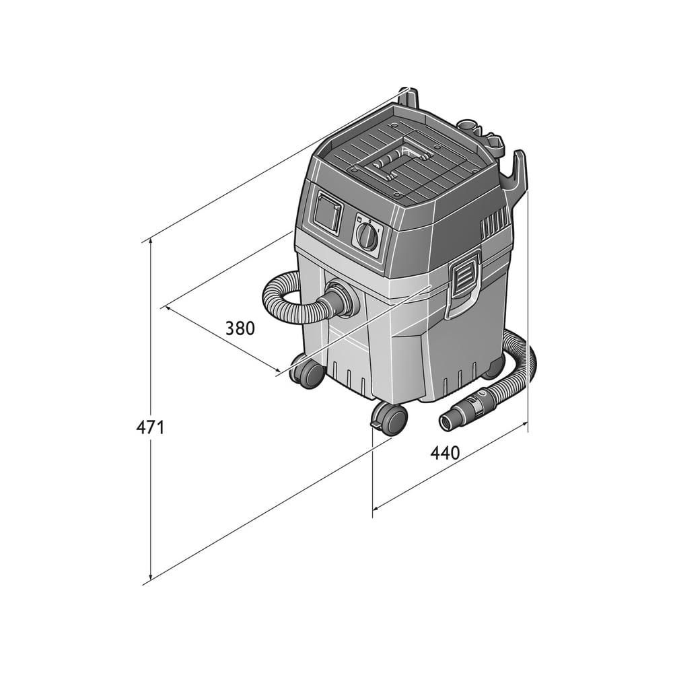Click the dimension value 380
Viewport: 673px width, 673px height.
[240, 328]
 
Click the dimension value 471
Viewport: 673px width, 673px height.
[150, 427]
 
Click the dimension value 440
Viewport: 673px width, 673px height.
[445, 453]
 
